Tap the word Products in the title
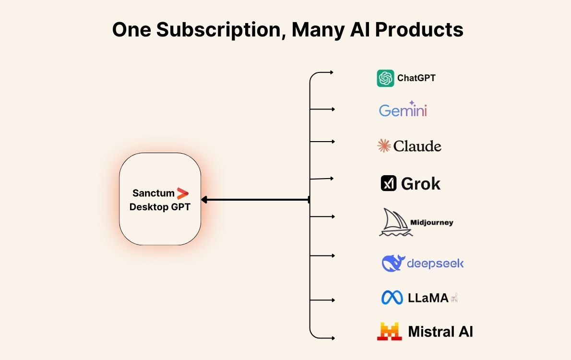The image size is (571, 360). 419,30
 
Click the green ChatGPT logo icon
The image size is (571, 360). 385,78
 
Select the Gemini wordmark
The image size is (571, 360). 403,110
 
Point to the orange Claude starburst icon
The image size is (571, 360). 384,146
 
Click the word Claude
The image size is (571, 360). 417,146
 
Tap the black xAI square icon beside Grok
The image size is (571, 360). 388,183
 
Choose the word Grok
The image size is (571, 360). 421,183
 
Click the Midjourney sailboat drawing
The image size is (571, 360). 395,222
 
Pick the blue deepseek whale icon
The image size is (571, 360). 393,263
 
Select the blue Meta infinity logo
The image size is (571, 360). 392,298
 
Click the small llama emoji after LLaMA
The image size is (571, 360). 454,298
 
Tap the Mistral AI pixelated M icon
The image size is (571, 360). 389,332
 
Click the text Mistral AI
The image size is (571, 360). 440,332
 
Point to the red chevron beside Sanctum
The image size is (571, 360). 182,193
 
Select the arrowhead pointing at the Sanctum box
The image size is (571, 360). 203,200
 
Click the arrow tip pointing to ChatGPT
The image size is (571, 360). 332,72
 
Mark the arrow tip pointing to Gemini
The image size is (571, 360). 333,109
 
